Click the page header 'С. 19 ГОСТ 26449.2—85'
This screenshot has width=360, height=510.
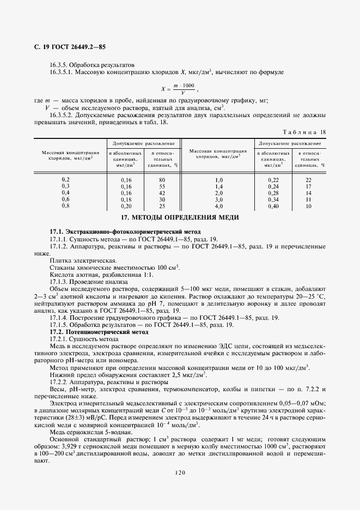[x=67, y=47]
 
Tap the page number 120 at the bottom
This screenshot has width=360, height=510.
[x=180, y=472]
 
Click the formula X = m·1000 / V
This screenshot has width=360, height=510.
[x=180, y=88]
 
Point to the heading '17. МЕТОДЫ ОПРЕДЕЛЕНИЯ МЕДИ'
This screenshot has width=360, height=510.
[x=180, y=218]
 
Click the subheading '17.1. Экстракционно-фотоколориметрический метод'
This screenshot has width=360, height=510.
[x=125, y=232]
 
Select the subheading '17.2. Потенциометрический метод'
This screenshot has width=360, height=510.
[x=99, y=331]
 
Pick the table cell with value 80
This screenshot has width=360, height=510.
[x=162, y=179]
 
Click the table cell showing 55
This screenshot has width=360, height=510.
[x=162, y=186]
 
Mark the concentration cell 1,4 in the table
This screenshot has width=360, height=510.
[x=219, y=186]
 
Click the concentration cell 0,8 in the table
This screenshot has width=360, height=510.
[x=66, y=206]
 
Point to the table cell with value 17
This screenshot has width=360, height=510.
[x=309, y=186]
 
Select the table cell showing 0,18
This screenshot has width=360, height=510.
[x=126, y=199]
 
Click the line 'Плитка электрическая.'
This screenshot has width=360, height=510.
[x=76, y=260]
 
